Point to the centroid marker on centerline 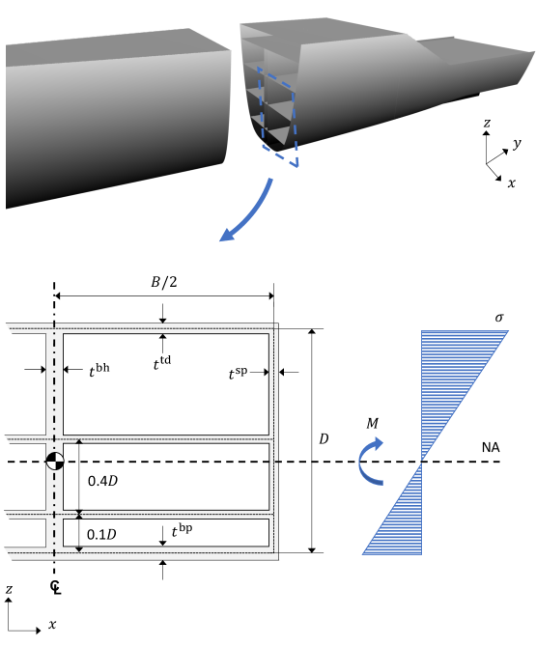tap(55, 462)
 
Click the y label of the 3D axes tap(518, 143)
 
